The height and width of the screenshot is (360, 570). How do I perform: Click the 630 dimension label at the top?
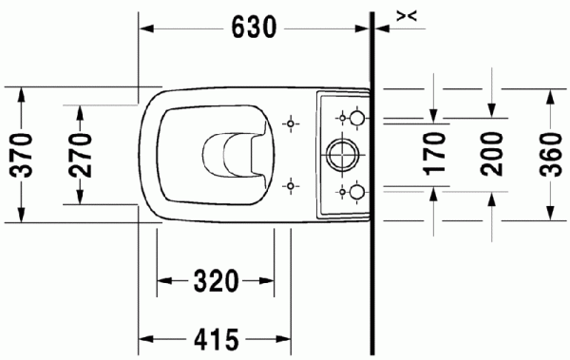point(254,28)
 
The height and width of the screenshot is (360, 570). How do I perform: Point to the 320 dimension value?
point(216,281)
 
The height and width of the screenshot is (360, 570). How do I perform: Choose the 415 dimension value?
point(216,337)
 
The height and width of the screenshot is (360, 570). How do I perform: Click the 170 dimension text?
point(433,153)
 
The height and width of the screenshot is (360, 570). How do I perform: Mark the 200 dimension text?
point(491,153)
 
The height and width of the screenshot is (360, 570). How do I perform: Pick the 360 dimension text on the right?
point(549,153)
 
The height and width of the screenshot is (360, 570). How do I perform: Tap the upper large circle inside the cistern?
point(355,117)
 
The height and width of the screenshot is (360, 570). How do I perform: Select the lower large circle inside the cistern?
point(355,190)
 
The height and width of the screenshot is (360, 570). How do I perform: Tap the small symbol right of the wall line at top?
point(406,14)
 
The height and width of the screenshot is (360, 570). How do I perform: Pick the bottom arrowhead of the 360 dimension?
point(549,213)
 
